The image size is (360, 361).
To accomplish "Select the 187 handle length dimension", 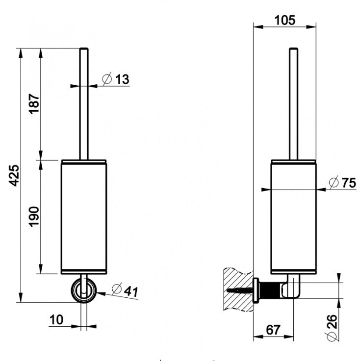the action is tap(34, 104).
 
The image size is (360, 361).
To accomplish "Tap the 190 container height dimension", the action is tap(34, 217).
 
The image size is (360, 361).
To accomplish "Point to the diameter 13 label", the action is tap(116, 79).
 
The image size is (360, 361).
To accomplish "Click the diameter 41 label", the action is tap(125, 290).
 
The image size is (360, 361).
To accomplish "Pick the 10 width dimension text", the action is tap(56, 319).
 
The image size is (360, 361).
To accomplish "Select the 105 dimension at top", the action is tap(284, 20).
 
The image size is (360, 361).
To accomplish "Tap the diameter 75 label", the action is tap(342, 183).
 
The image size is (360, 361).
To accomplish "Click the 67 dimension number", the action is tap(273, 330).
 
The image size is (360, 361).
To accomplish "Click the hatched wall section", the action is tap(238, 289).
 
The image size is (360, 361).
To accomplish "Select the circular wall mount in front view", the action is tap(84, 290).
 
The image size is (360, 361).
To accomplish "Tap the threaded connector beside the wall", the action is tap(270, 290).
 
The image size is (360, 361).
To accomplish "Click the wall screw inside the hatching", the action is tap(239, 290).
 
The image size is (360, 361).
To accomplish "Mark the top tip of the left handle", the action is tap(84, 48).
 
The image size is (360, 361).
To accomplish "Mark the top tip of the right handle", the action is tap(294, 48).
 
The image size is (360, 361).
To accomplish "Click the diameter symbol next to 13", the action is tap(107, 79).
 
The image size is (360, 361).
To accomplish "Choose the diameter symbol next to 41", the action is tap(117, 289).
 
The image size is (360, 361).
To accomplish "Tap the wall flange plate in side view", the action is tap(256, 290).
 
